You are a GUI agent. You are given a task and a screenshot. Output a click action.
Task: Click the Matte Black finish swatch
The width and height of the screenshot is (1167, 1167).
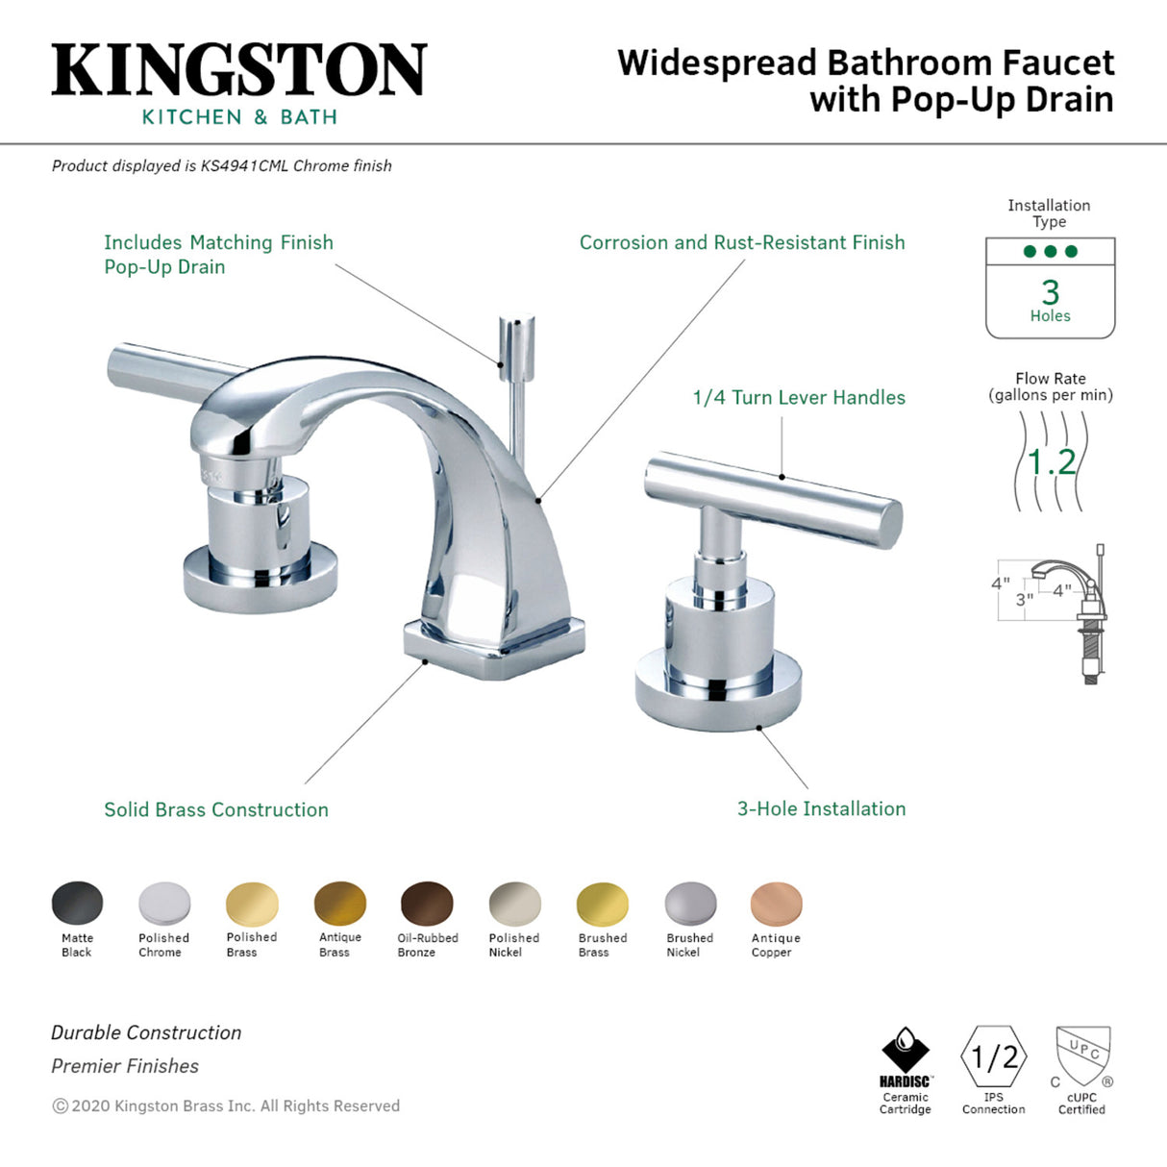point(77,905)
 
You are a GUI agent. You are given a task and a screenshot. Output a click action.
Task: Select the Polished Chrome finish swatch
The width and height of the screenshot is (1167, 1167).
point(164,905)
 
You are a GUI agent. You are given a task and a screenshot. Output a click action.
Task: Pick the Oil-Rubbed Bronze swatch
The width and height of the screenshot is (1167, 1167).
point(427,905)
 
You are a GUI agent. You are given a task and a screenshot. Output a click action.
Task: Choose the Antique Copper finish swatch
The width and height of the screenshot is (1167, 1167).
point(776,905)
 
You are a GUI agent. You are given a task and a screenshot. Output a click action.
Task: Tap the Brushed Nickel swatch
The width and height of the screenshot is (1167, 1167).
point(690,905)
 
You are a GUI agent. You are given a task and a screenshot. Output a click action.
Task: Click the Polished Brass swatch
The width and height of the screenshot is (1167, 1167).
point(252,905)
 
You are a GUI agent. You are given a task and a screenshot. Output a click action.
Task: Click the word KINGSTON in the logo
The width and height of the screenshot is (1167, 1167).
point(238,69)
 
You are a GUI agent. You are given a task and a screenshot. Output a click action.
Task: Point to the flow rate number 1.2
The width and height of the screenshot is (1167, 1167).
point(1051,462)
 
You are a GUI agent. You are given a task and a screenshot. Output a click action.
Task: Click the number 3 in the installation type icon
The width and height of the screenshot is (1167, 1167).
point(1050,291)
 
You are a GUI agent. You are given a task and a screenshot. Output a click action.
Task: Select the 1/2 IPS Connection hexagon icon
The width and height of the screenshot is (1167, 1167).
point(994,1057)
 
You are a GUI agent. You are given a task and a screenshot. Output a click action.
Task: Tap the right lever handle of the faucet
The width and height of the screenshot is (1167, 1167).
point(773,497)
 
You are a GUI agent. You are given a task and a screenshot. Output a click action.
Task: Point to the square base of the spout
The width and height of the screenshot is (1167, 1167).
point(494,645)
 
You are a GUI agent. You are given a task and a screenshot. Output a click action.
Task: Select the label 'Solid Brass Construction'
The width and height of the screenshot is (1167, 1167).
point(216,809)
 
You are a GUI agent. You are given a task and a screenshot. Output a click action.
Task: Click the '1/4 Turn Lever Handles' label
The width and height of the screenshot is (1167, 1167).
point(799,397)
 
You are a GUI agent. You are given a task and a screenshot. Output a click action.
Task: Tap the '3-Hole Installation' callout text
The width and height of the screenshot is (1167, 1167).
point(821,808)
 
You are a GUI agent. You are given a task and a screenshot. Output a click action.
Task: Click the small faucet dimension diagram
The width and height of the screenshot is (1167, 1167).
point(1052,611)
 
